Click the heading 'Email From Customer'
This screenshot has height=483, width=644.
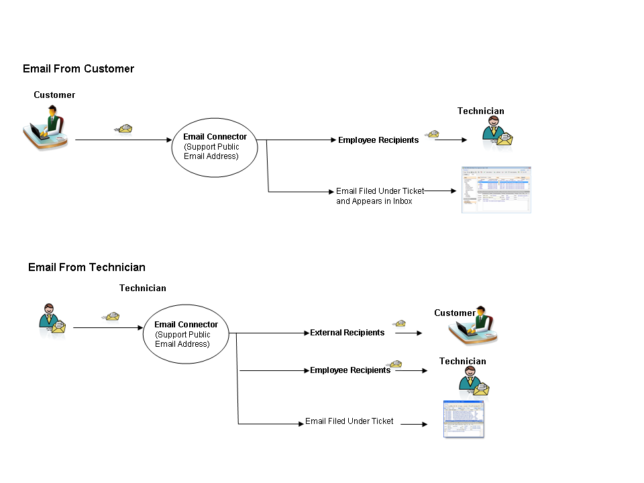(x=78, y=69)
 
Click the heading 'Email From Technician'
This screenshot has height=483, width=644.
(x=87, y=268)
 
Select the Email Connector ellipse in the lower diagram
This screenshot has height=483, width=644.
(x=186, y=333)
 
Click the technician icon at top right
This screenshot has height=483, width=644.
(x=496, y=132)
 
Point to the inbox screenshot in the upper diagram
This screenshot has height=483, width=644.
(x=496, y=190)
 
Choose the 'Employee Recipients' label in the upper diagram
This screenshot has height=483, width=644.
(x=378, y=140)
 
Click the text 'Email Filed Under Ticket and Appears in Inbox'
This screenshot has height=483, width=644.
(x=380, y=196)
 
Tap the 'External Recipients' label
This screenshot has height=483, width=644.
(x=347, y=333)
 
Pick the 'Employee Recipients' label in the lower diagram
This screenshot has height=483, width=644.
(x=350, y=370)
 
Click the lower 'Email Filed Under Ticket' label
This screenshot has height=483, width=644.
(x=349, y=421)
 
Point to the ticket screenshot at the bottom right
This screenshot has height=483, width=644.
(x=464, y=419)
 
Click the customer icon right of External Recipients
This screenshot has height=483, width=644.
(x=477, y=328)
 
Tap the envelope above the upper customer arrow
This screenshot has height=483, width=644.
(x=124, y=128)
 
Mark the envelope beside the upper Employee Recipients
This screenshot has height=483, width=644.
(x=433, y=134)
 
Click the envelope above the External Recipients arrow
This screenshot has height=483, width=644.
(x=400, y=324)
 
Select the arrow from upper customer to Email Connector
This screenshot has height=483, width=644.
(x=123, y=140)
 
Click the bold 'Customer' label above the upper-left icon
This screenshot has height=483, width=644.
(x=54, y=95)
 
